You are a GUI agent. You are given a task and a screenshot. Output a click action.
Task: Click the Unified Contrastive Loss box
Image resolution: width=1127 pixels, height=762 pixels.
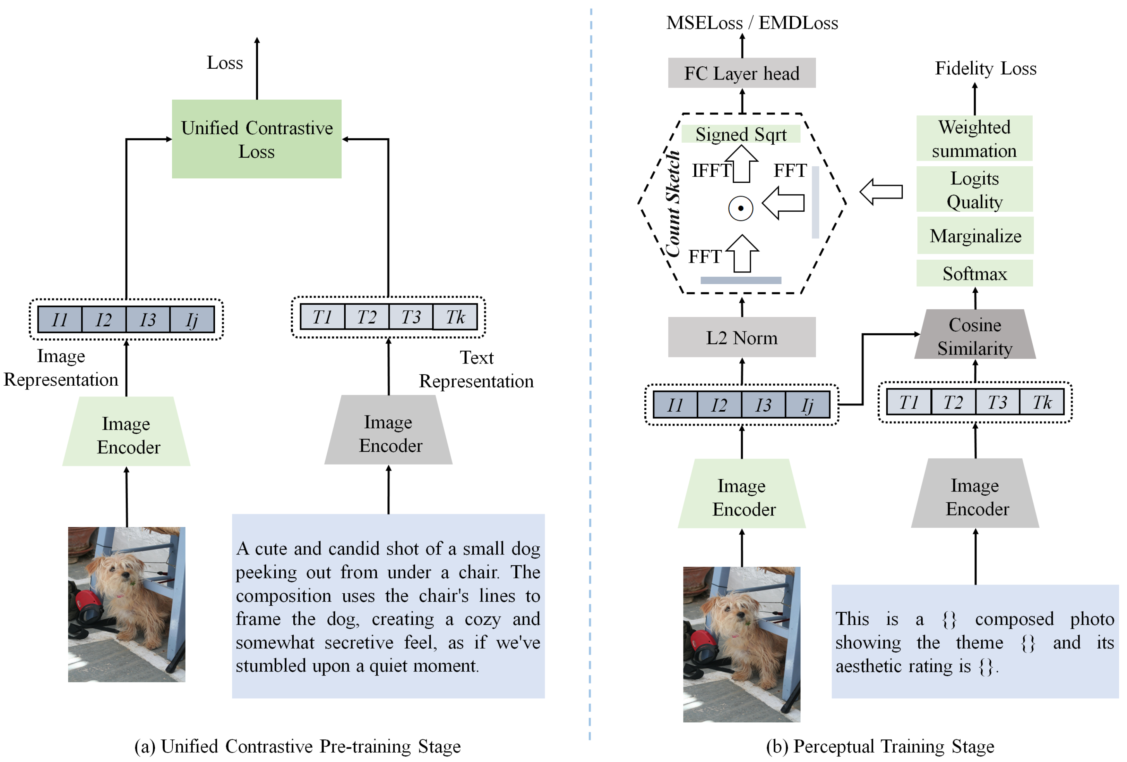click(257, 139)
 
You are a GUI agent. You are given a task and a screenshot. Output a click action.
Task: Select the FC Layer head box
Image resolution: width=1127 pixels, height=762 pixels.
click(741, 73)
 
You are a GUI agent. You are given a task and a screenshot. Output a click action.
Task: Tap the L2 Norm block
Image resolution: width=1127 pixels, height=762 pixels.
click(741, 337)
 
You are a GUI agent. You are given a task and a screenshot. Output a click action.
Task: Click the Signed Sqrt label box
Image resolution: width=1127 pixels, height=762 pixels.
click(740, 134)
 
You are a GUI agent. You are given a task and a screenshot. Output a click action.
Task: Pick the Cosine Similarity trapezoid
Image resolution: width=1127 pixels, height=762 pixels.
click(975, 334)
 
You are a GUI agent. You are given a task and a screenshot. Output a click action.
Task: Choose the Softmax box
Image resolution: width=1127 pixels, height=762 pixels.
click(975, 273)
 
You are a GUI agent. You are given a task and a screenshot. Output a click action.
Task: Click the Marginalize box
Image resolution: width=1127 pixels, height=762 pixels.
click(975, 235)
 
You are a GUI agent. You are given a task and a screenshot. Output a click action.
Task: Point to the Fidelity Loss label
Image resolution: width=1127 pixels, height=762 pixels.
click(986, 68)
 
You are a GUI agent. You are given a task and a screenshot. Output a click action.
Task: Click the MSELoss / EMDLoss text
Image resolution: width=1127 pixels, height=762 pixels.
click(752, 23)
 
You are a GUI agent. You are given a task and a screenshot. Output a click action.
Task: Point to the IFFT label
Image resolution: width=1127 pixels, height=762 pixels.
click(711, 170)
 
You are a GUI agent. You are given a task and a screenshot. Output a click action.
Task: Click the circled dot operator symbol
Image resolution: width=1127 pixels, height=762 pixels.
click(740, 209)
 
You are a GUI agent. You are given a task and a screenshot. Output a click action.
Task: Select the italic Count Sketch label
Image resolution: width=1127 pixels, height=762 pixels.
click(673, 204)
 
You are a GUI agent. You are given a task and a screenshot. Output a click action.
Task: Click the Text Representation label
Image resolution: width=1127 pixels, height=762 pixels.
click(476, 369)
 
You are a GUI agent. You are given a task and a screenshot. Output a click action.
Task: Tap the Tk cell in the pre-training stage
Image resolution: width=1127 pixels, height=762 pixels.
click(455, 317)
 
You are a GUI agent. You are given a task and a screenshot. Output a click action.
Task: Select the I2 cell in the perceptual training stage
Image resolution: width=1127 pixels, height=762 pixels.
click(719, 405)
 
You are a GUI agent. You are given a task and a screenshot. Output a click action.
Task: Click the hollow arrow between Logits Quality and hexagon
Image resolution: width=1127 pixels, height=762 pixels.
click(881, 192)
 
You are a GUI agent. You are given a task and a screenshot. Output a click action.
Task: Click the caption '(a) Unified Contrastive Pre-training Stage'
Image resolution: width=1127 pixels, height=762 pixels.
click(297, 746)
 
